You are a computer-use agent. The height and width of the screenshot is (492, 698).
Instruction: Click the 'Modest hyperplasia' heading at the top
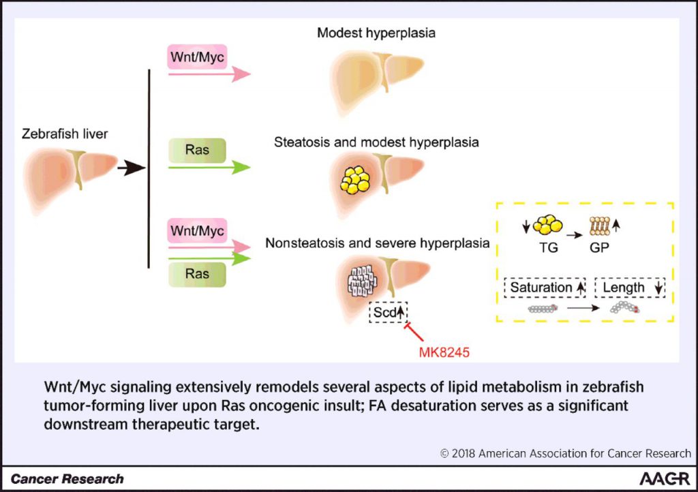[x=376, y=33]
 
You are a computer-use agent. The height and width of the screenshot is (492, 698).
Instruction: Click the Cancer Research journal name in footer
[x=67, y=479]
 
